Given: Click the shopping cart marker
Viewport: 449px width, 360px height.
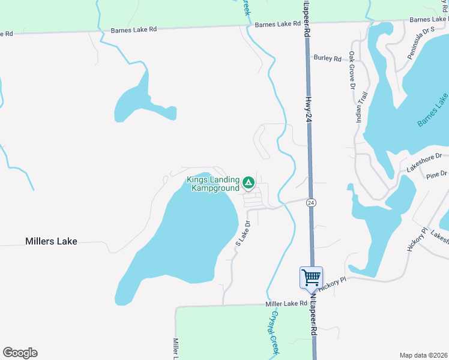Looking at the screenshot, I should (x=311, y=278).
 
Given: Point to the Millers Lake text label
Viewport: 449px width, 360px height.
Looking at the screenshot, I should (x=51, y=241).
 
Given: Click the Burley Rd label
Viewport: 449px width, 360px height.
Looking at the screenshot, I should (x=327, y=58).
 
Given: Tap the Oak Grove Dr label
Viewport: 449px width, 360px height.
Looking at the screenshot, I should (x=352, y=70).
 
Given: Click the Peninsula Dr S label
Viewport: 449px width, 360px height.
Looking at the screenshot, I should (x=419, y=44).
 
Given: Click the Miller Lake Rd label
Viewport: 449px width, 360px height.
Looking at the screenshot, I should (x=286, y=304).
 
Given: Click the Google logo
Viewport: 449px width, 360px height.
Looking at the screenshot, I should (x=20, y=353).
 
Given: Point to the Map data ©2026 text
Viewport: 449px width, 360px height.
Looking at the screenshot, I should (x=424, y=355).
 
